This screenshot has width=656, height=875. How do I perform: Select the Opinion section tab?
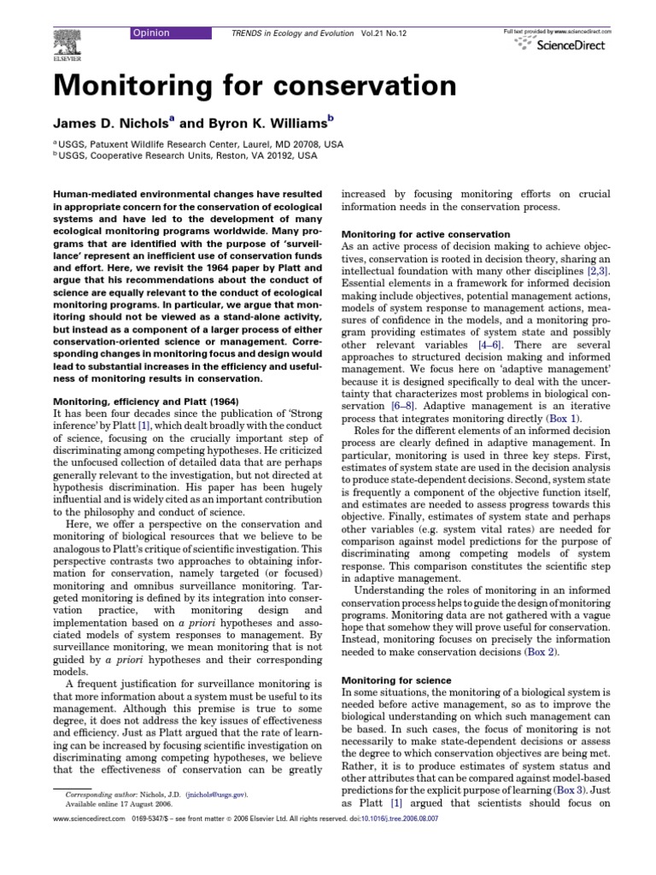click(x=150, y=32)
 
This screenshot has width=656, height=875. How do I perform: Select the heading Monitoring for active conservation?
click(x=425, y=234)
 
